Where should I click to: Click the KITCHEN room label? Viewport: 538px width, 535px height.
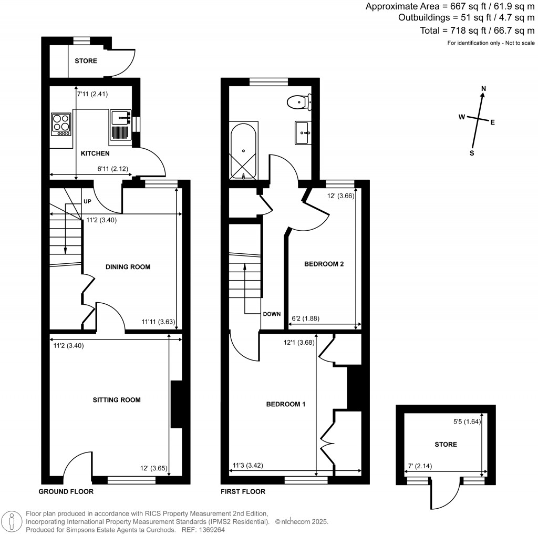95,153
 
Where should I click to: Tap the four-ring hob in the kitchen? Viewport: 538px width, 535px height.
61,124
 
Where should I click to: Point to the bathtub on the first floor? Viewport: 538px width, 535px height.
244,151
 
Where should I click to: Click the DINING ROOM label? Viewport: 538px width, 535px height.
128,267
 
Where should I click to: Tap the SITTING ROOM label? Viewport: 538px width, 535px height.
117,400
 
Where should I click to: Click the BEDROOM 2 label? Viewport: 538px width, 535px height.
324,264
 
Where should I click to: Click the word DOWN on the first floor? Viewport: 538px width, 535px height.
272,314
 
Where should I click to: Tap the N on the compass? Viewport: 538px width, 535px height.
484,88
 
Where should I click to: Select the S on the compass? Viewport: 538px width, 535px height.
472,153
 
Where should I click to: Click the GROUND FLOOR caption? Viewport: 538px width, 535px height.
66,492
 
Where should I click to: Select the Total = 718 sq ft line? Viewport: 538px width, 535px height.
477,30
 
